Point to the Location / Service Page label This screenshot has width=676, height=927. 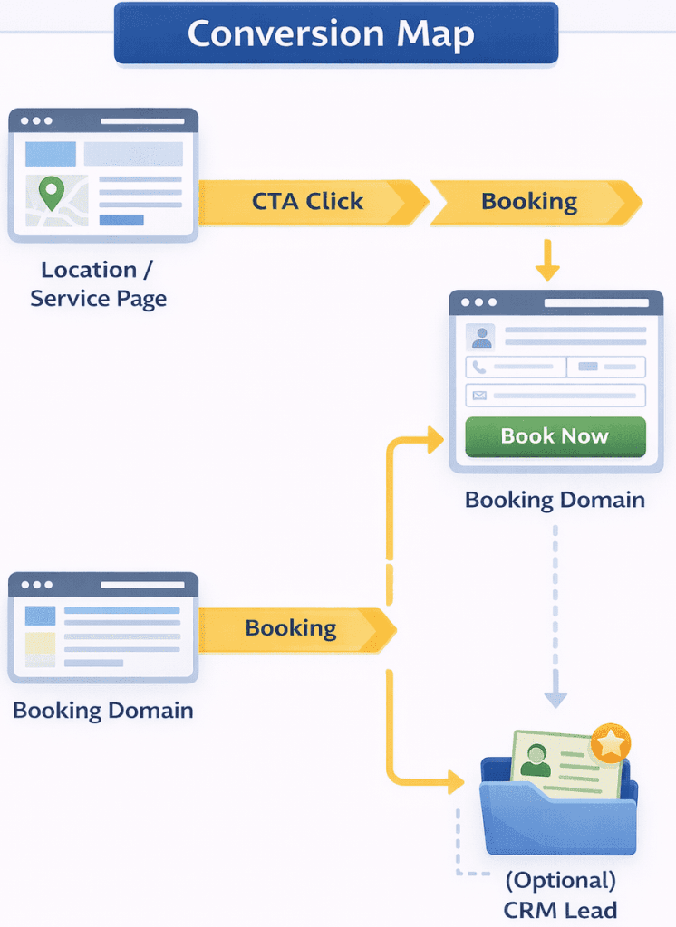(x=99, y=284)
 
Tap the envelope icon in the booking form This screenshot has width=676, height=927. (x=479, y=396)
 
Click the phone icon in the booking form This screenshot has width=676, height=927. (x=479, y=367)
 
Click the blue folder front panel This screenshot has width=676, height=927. (x=556, y=820)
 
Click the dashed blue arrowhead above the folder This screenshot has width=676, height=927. (x=555, y=698)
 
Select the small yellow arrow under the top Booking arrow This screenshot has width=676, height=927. (x=547, y=263)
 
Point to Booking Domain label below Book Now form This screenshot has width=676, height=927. (x=555, y=500)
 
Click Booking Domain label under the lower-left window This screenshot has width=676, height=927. (x=103, y=710)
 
